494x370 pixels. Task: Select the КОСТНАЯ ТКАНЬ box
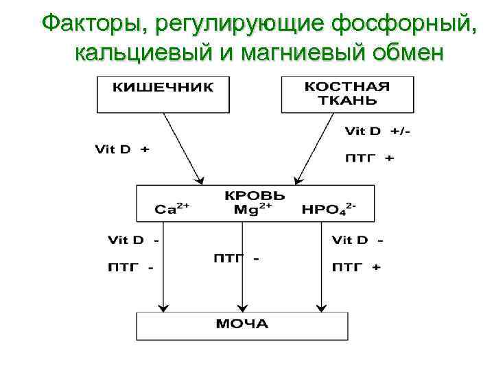coord(347,94)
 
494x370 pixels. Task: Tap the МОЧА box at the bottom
coord(242,325)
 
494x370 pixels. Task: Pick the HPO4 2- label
coord(329,208)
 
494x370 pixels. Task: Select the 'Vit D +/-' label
coord(377,131)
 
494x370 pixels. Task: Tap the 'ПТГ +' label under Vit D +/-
coord(369,158)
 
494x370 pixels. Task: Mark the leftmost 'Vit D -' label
coord(134,240)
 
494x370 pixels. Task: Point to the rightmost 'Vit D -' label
coord(357,240)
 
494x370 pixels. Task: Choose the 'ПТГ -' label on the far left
coord(130,267)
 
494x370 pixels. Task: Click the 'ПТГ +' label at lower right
coord(356,267)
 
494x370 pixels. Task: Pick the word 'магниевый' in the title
coord(293,51)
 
